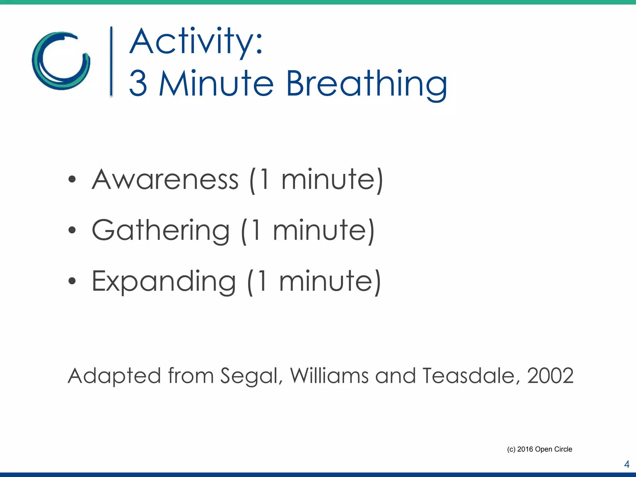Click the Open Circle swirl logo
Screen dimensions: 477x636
click(x=61, y=61)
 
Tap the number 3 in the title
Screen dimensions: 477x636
click(x=138, y=83)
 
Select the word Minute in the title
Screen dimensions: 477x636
click(x=216, y=83)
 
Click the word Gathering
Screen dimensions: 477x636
click(x=161, y=230)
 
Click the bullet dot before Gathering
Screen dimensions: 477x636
click(x=72, y=230)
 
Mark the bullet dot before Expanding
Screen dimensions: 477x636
click(x=72, y=281)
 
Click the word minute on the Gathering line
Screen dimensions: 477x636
click(x=320, y=230)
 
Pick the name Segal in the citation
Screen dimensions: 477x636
click(x=251, y=376)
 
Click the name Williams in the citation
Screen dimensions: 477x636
click(x=329, y=376)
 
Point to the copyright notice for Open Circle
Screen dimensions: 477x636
click(x=539, y=449)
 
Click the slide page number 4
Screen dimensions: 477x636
click(x=627, y=464)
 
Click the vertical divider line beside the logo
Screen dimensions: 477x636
click(x=111, y=61)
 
